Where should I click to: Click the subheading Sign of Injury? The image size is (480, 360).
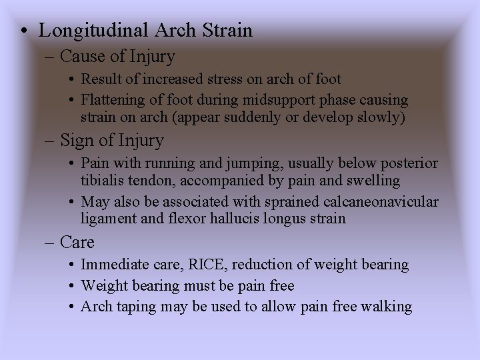point(111,141)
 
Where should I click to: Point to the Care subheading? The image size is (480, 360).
point(77,241)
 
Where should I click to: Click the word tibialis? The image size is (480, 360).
point(105,181)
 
